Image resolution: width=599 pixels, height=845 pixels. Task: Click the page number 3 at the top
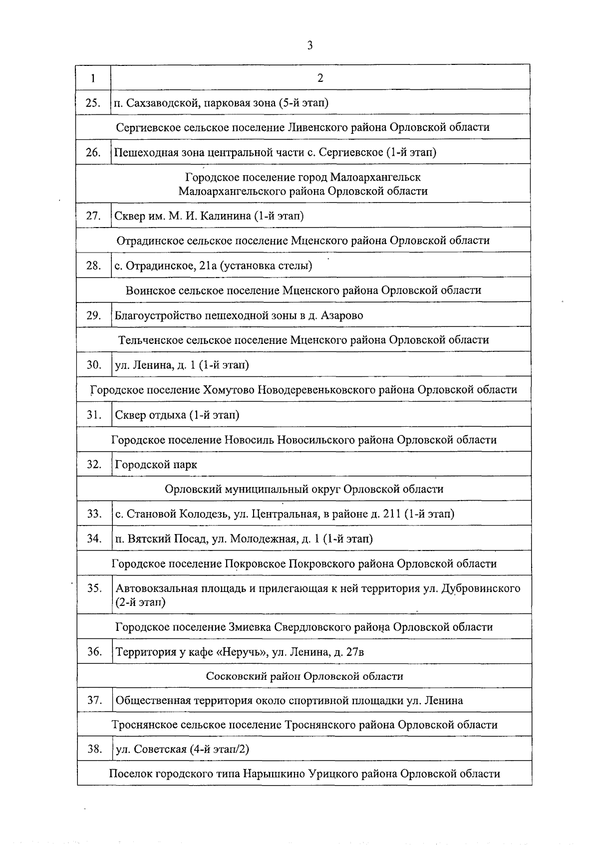pos(309,45)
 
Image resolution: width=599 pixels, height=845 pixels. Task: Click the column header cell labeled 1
pos(93,78)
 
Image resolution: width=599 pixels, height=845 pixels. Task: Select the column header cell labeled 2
pos(320,78)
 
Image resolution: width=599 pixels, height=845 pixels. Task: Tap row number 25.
pos(93,103)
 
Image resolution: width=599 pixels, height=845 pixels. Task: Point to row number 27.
pos(93,216)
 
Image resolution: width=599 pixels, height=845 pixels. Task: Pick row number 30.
pos(94,364)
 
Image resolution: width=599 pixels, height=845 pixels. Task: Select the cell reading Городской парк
pos(156,464)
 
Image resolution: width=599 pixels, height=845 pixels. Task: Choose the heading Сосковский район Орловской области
pos(304,676)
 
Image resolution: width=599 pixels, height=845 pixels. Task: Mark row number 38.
pos(94,749)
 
